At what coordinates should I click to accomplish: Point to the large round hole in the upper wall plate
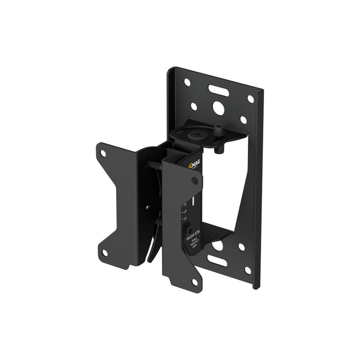click(x=218, y=109)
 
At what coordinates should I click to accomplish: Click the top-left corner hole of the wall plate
click(x=187, y=82)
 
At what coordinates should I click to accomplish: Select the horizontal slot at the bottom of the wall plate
click(x=217, y=261)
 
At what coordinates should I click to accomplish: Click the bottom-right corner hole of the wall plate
click(x=247, y=271)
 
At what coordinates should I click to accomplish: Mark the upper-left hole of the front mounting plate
click(x=103, y=153)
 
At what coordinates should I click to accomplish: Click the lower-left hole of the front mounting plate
click(x=104, y=253)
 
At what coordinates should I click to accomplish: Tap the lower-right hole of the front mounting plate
click(x=194, y=282)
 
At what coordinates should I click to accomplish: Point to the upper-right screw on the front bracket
click(x=195, y=181)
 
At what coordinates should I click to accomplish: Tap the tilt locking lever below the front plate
click(x=154, y=247)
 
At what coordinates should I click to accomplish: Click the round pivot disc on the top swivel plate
click(x=196, y=135)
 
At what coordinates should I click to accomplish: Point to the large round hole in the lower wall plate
click(x=218, y=245)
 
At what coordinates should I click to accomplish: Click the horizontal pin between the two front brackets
click(x=154, y=166)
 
